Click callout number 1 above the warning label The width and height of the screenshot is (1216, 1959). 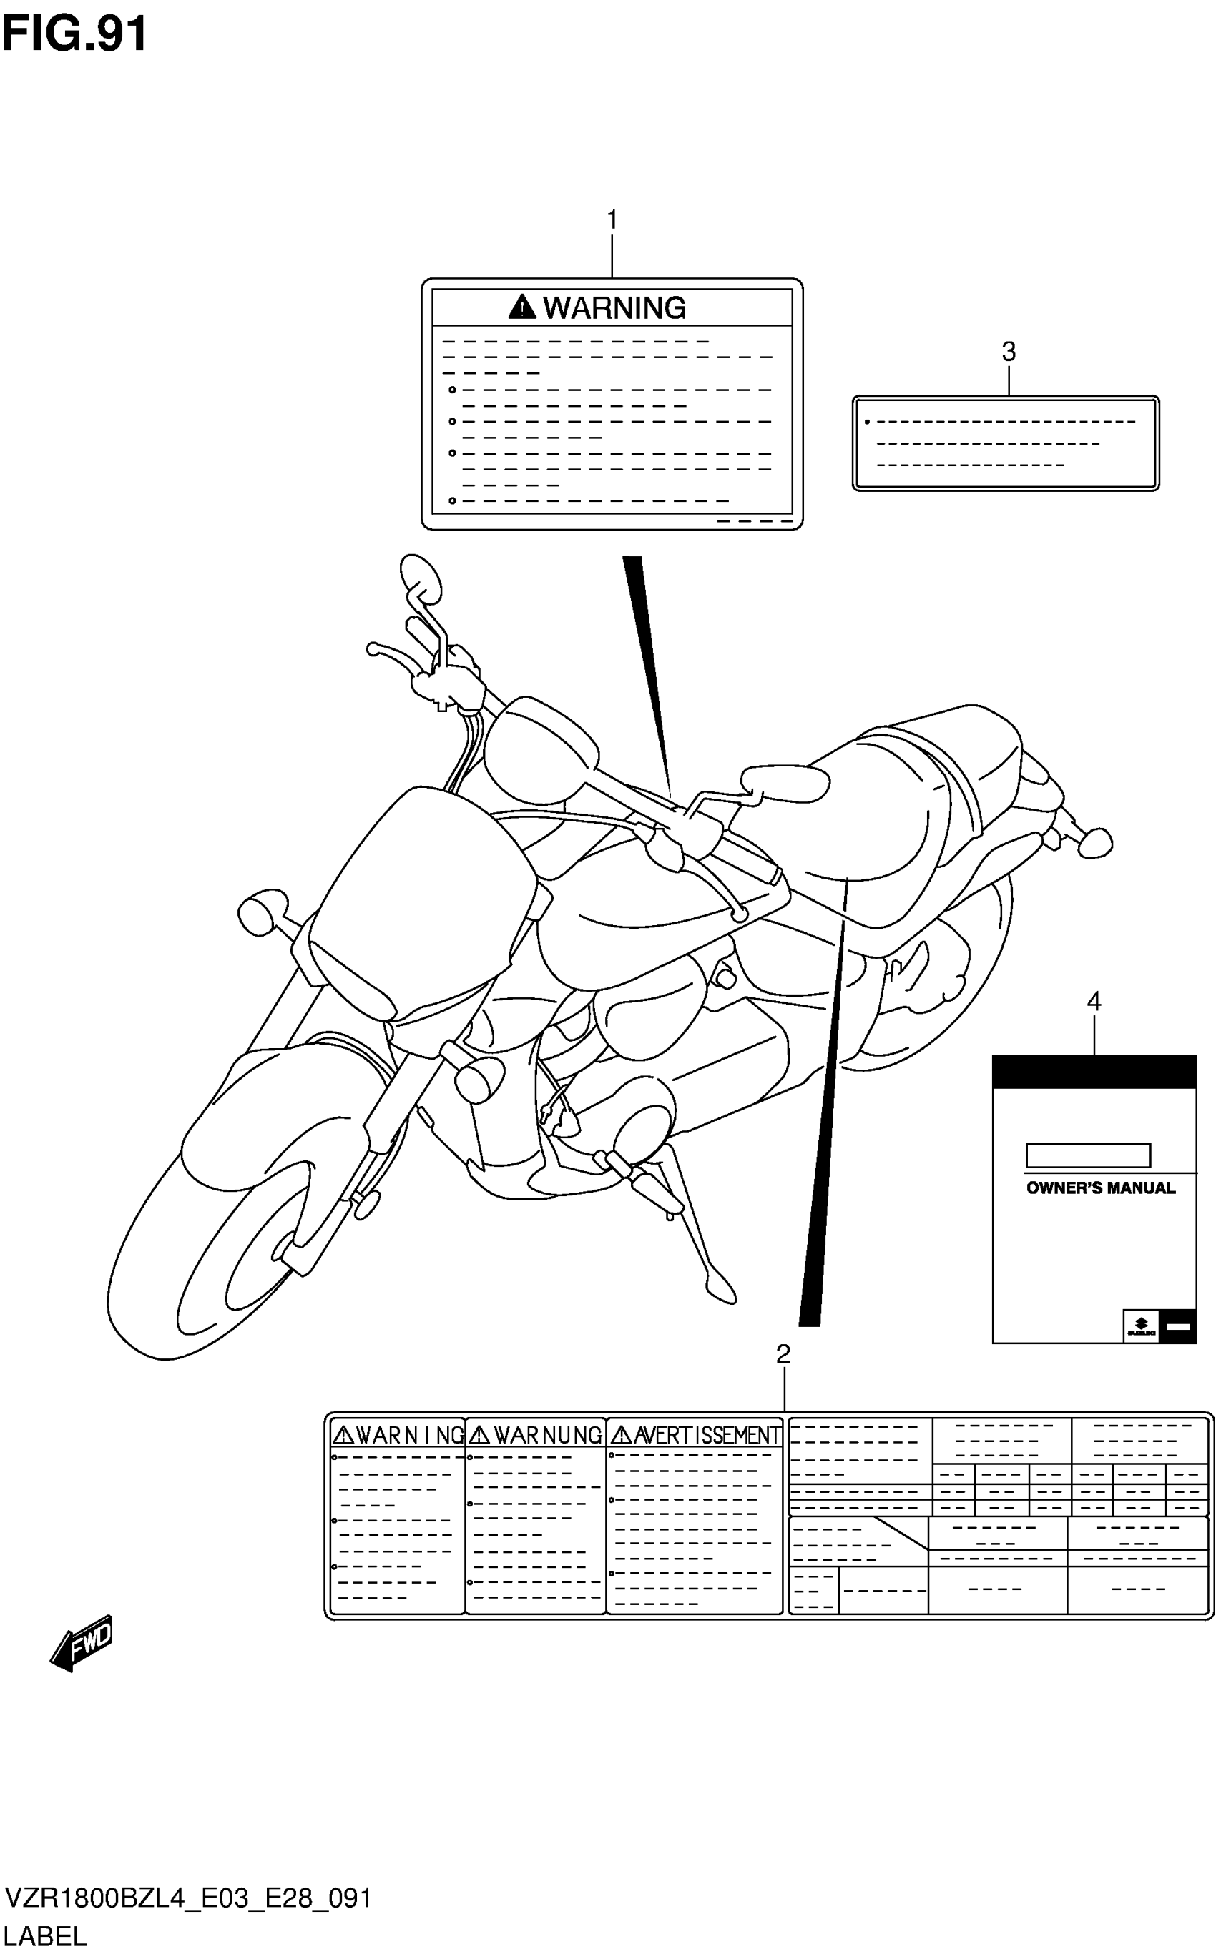(612, 219)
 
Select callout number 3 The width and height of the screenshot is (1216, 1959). (1009, 351)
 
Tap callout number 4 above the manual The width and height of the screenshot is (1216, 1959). (1094, 1002)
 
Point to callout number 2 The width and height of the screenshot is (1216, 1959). (783, 1355)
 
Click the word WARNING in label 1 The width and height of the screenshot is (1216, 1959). (614, 308)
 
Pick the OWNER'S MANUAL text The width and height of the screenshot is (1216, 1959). (1100, 1188)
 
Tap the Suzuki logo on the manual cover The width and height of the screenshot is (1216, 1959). (1140, 1326)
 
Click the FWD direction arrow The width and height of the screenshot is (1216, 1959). (83, 1642)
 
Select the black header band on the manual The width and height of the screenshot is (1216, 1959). (1094, 1072)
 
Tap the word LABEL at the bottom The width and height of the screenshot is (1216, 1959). (45, 1937)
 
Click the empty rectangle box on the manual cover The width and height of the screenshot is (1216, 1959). (1088, 1155)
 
